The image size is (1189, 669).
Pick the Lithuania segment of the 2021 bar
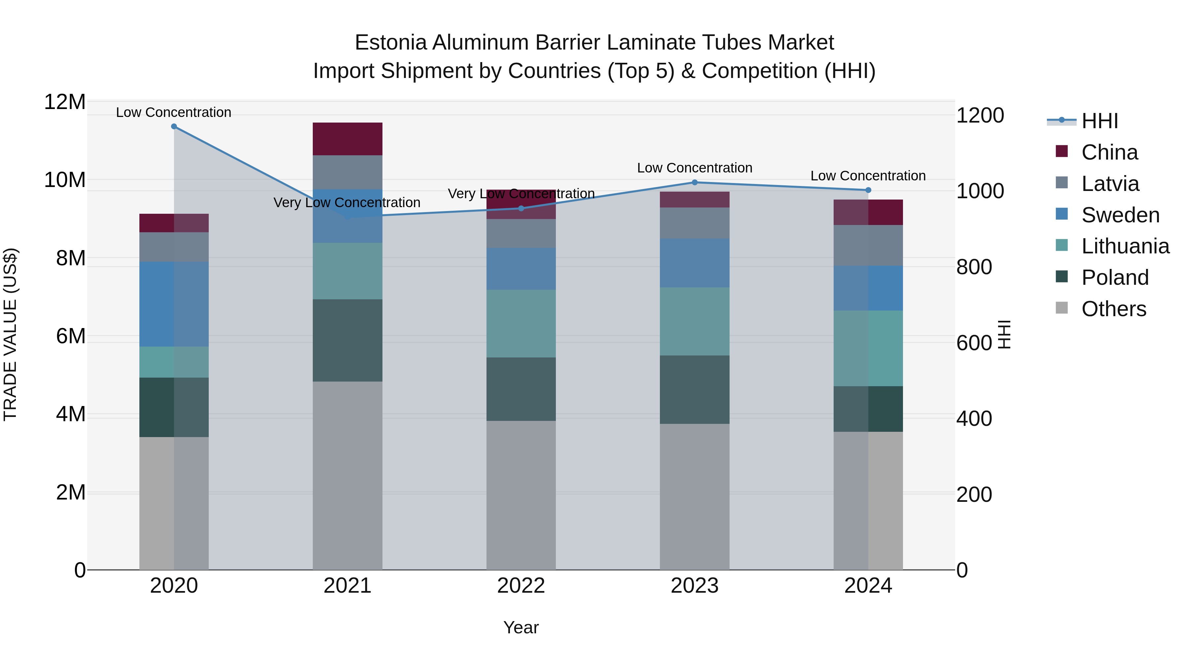pos(347,271)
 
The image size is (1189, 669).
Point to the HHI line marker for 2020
pos(174,127)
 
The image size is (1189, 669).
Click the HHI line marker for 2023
pos(694,182)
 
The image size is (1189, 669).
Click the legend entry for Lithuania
pos(1125,246)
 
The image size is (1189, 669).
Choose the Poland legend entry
pos(1115,278)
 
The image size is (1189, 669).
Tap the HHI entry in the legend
pos(1099,121)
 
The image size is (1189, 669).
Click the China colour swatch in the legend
pos(1062,151)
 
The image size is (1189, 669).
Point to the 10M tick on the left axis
pos(65,180)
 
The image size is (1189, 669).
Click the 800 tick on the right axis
pos(974,267)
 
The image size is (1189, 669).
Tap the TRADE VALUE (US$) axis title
pos(10,334)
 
